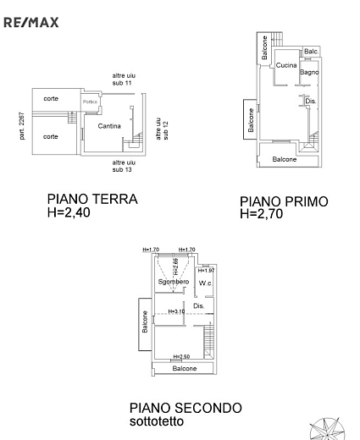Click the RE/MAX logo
[31, 22]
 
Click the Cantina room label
[109, 126]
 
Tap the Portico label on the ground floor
[91, 102]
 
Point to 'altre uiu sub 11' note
[124, 80]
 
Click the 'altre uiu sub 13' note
[124, 165]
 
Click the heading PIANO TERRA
[92, 200]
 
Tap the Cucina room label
[286, 66]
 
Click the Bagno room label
[308, 73]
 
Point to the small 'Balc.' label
[311, 52]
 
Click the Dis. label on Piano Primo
[311, 102]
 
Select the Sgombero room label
[173, 281]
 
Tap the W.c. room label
[205, 283]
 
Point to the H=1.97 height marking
[206, 270]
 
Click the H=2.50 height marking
[181, 357]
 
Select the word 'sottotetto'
[154, 421]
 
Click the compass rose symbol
[330, 429]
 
